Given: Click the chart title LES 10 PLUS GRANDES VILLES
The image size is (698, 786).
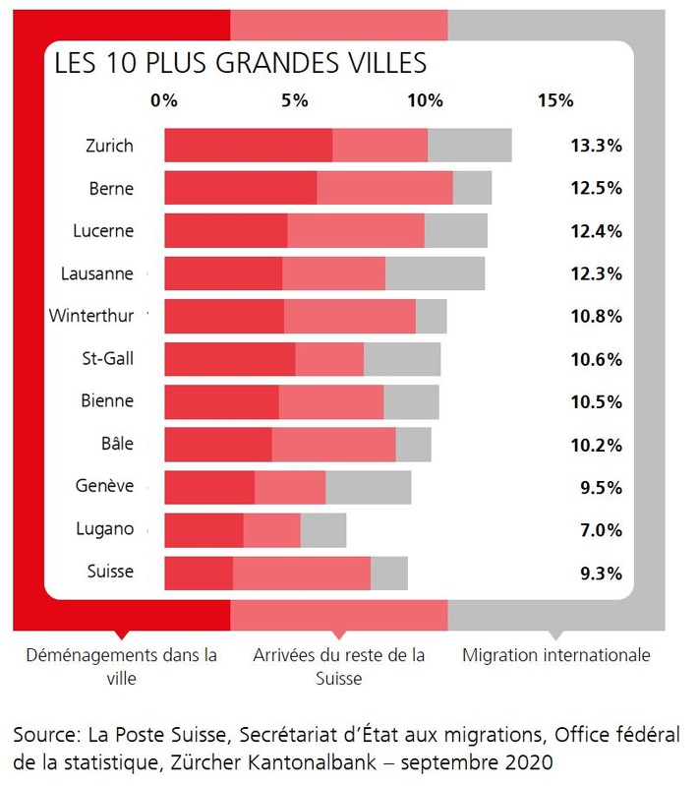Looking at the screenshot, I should click(x=240, y=64).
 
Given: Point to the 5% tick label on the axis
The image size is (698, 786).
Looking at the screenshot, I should click(x=294, y=100).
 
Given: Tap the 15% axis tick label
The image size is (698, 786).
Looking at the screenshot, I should click(x=555, y=100).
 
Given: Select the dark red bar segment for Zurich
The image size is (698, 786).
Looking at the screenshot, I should click(x=248, y=145).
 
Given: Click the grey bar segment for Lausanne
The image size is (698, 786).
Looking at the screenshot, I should click(x=435, y=273).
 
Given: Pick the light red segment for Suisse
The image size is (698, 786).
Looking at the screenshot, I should click(x=301, y=574).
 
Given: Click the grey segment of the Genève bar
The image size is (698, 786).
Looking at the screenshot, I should click(x=368, y=488).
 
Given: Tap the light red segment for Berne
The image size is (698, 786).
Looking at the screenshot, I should click(x=384, y=188).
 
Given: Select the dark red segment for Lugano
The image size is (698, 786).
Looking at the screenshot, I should click(x=204, y=530).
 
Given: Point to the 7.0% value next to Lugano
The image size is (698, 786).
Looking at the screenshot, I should click(x=600, y=530).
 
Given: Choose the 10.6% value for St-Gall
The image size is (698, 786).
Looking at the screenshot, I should click(x=596, y=359).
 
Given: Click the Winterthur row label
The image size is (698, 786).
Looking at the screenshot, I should click(x=97, y=316).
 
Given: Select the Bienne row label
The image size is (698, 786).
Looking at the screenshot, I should click(x=108, y=401).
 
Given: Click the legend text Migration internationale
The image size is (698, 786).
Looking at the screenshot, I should click(x=555, y=655).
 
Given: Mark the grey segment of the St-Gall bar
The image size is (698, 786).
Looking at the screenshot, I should click(x=402, y=359).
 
